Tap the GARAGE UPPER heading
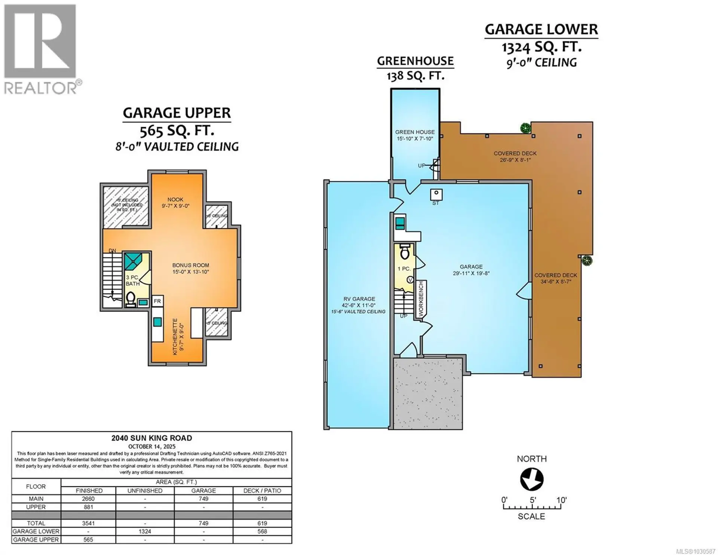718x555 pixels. (x=177, y=113)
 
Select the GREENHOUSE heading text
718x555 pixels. (x=415, y=61)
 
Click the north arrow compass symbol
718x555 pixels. (x=531, y=479)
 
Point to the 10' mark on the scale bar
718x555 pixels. (x=561, y=500)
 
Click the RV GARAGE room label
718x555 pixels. (x=359, y=299)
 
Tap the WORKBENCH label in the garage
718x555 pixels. (x=421, y=300)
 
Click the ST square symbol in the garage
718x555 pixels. (x=436, y=194)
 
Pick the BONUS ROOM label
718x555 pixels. (x=190, y=265)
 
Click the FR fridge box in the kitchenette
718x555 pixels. (x=157, y=301)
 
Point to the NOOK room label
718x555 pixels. (x=175, y=200)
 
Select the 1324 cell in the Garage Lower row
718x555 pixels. (x=145, y=531)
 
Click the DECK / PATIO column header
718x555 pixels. (x=262, y=490)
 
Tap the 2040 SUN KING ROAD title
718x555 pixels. (x=151, y=438)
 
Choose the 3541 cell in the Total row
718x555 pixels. (x=89, y=523)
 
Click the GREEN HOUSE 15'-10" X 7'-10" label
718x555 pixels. (x=415, y=135)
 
